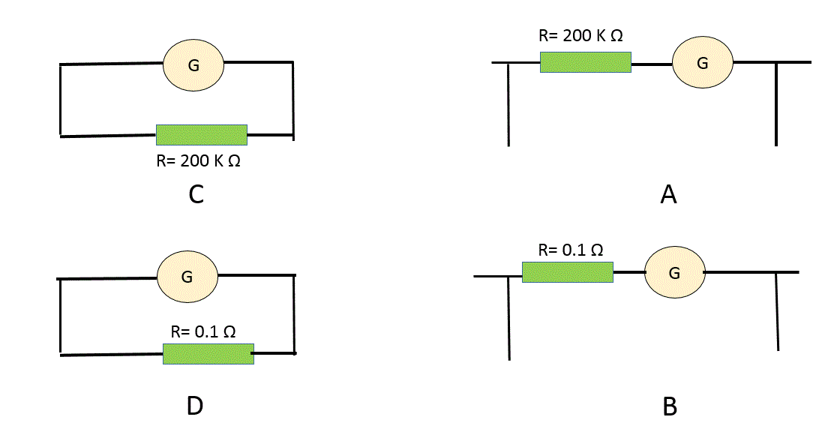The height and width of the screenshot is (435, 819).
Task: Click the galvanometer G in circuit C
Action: [x=193, y=64]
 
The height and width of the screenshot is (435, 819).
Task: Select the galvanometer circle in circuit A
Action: [x=703, y=62]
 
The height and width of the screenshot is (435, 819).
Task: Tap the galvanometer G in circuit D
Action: [x=187, y=277]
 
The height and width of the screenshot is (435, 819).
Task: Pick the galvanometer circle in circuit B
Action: [x=675, y=272]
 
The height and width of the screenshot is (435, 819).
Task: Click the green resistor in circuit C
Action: [x=202, y=135]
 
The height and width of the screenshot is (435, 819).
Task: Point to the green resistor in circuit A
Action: [x=586, y=62]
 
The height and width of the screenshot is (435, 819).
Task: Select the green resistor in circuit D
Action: [x=208, y=353]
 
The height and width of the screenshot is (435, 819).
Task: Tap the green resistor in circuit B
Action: [x=568, y=272]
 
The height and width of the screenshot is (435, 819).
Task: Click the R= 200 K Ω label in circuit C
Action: [x=199, y=160]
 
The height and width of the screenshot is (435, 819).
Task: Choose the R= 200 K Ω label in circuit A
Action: [x=580, y=35]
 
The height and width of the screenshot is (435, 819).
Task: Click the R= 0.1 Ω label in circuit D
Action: [x=203, y=331]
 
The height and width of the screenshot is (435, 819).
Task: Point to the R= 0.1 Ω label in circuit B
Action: [x=570, y=250]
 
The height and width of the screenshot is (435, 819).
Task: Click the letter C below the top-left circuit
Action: [x=196, y=195]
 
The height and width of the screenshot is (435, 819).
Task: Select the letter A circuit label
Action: [x=668, y=195]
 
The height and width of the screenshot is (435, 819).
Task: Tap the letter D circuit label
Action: [x=195, y=406]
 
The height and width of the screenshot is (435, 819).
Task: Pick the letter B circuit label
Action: [x=670, y=406]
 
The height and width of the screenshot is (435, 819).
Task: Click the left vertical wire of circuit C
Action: [x=60, y=100]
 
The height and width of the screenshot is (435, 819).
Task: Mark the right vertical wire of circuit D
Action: [x=295, y=313]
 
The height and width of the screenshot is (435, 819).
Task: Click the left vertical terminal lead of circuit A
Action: [x=508, y=104]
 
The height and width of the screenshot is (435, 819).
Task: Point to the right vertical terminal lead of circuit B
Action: [x=777, y=311]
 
